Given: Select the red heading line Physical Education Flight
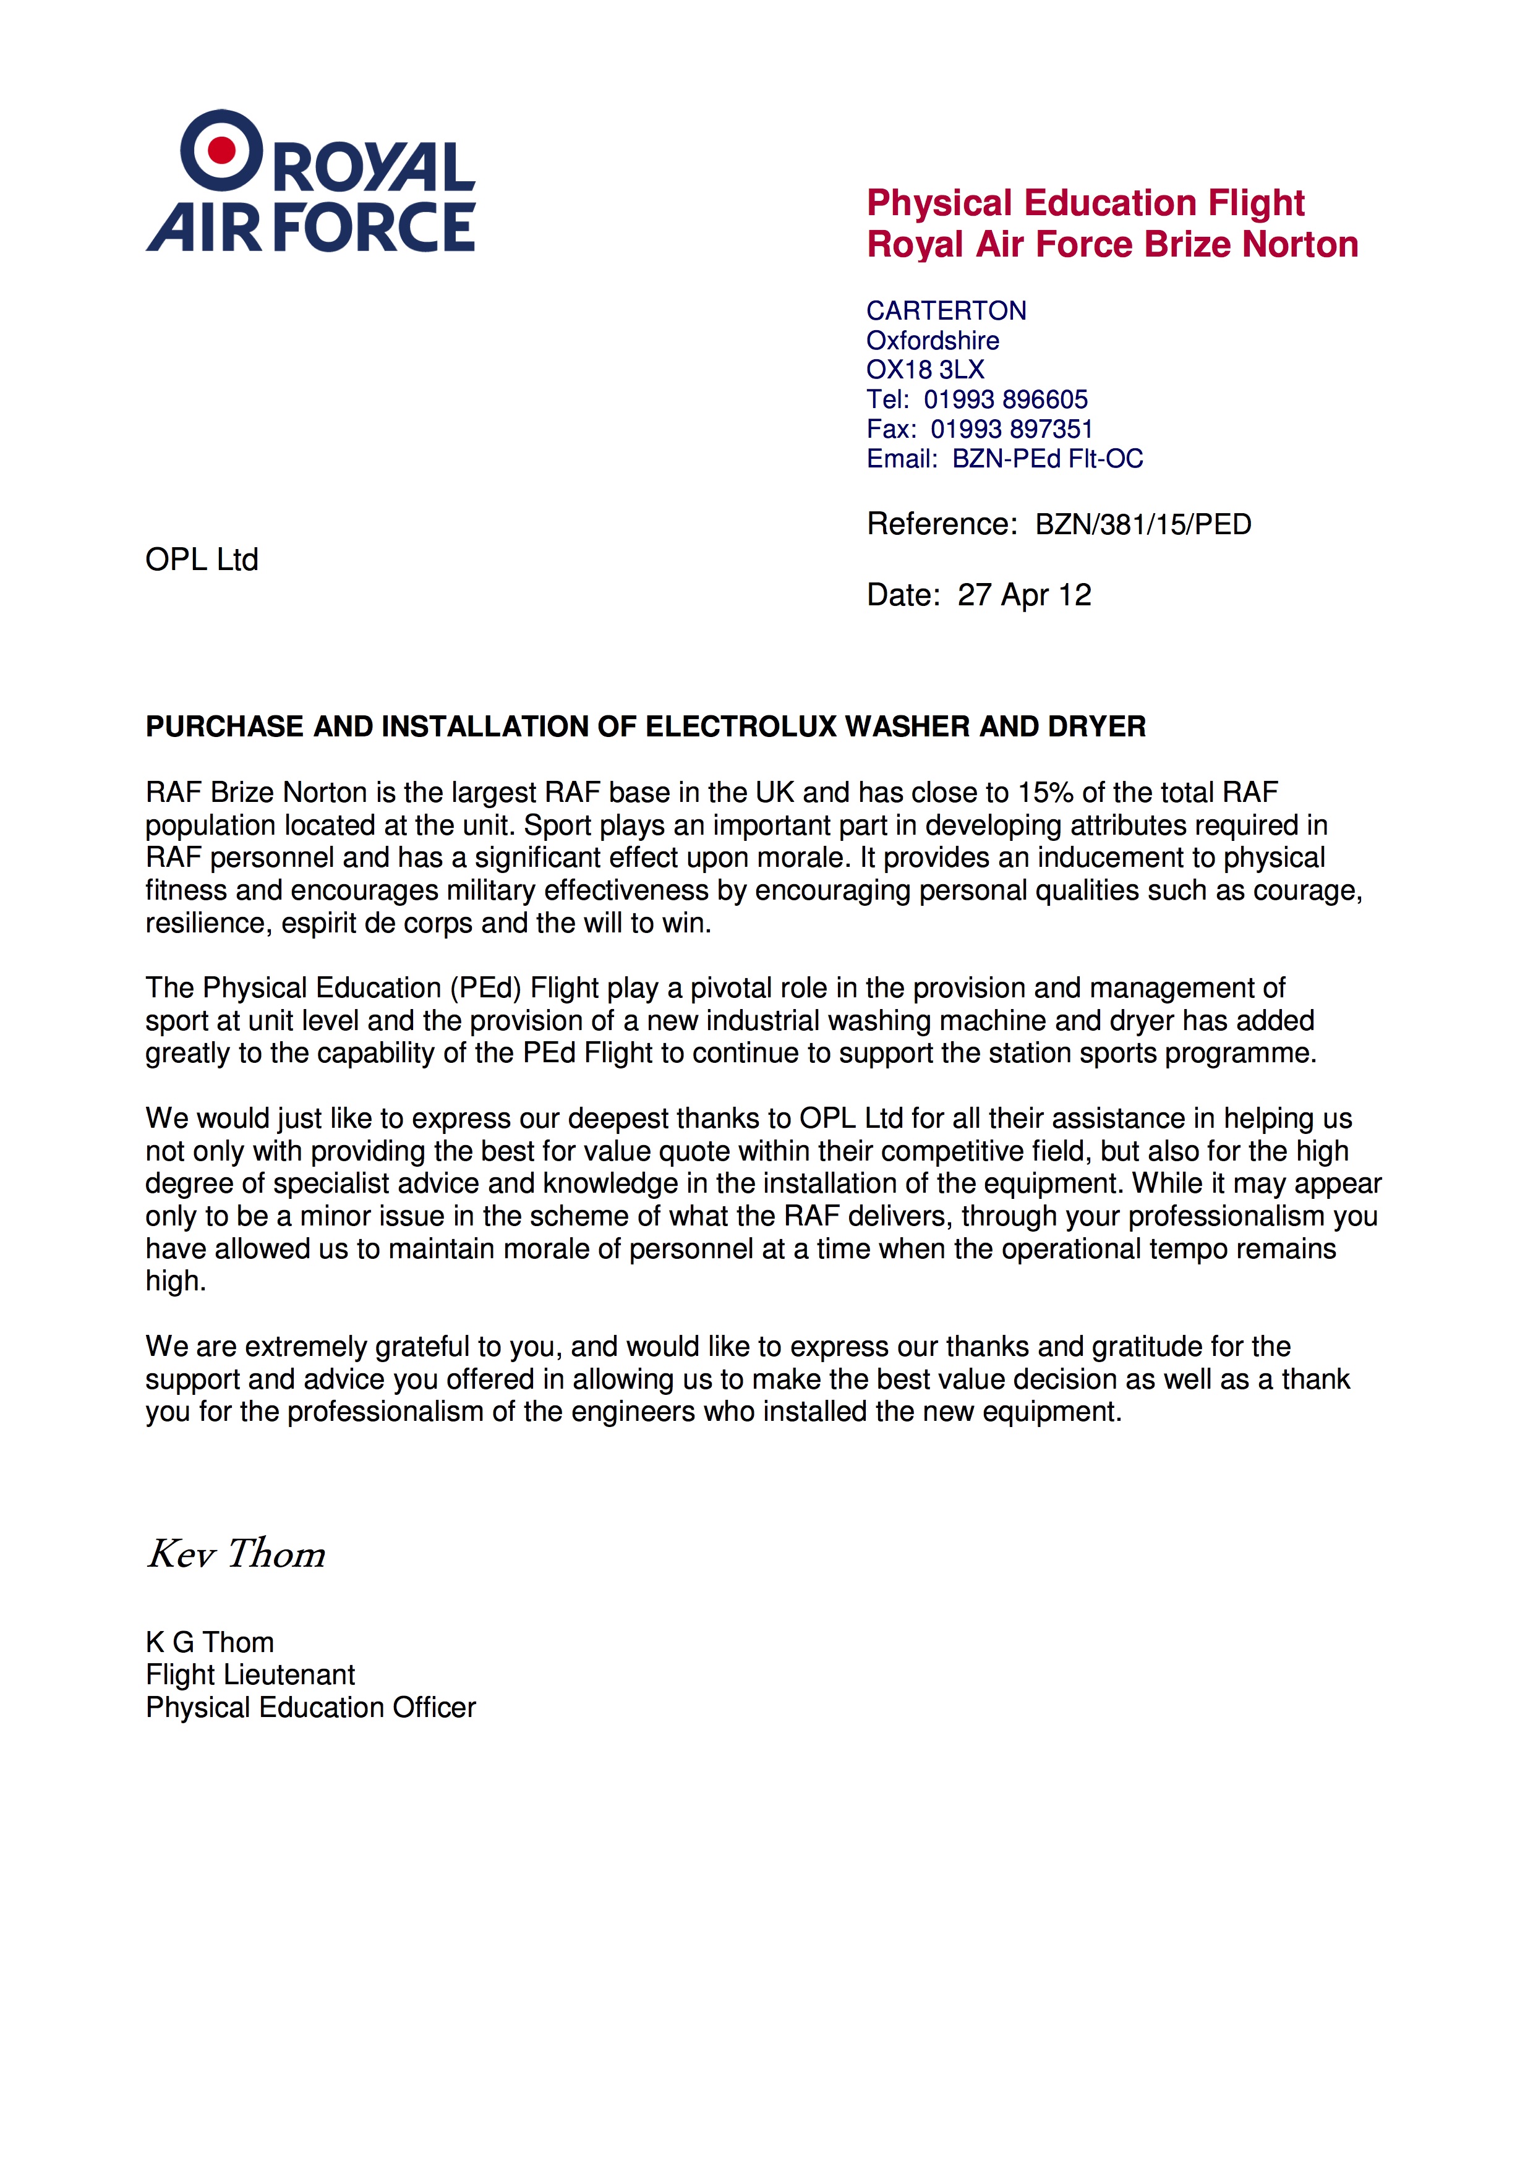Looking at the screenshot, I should (x=1085, y=203).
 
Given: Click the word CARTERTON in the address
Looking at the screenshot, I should (x=946, y=311).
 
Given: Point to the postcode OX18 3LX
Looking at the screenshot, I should (x=924, y=369).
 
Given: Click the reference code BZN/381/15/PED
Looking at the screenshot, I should (x=1143, y=524).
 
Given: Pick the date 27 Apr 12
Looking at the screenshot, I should (x=1024, y=595).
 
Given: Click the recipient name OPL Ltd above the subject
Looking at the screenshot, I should (x=202, y=560).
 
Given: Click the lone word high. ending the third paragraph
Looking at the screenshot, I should (x=176, y=1282).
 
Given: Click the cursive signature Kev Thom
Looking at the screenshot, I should (x=236, y=1554).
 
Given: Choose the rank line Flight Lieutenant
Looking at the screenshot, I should (x=250, y=1675).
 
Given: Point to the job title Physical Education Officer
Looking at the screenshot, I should (x=311, y=1708).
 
